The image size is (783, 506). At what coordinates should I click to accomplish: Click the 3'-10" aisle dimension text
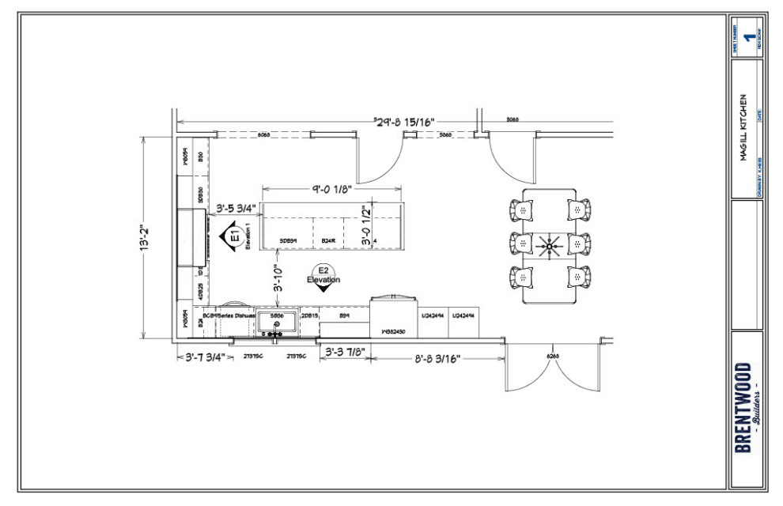278,280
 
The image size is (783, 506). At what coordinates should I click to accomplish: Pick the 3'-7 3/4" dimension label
204,357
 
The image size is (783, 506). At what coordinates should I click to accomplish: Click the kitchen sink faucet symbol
277,324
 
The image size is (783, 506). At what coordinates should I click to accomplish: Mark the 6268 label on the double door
553,357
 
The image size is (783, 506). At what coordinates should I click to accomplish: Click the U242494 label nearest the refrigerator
432,315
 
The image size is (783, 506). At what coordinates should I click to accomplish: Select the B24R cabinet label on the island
329,240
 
